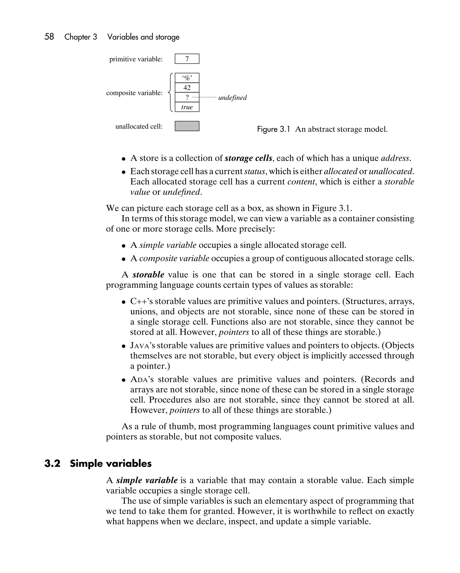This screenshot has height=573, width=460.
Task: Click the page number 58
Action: point(49,36)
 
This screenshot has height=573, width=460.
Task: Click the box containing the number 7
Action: point(187,59)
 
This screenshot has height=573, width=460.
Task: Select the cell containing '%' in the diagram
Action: point(187,78)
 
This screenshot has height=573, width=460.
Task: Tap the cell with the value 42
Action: point(187,88)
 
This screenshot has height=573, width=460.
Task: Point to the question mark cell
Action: point(187,98)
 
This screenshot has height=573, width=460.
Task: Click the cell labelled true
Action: point(187,107)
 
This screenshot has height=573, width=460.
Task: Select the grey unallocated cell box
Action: point(187,126)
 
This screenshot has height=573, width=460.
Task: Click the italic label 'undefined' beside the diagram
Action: point(232,98)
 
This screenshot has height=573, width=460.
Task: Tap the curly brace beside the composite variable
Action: point(170,92)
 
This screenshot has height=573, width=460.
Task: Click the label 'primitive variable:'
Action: point(136,59)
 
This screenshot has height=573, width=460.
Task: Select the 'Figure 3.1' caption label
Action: point(273,129)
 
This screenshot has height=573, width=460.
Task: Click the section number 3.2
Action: point(52,464)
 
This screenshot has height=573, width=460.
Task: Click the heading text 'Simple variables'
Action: point(111,464)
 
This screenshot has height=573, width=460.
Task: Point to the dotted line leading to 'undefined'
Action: point(204,98)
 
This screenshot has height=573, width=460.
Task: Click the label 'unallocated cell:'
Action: point(139,127)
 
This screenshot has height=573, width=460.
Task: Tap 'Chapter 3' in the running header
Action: point(81,37)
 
